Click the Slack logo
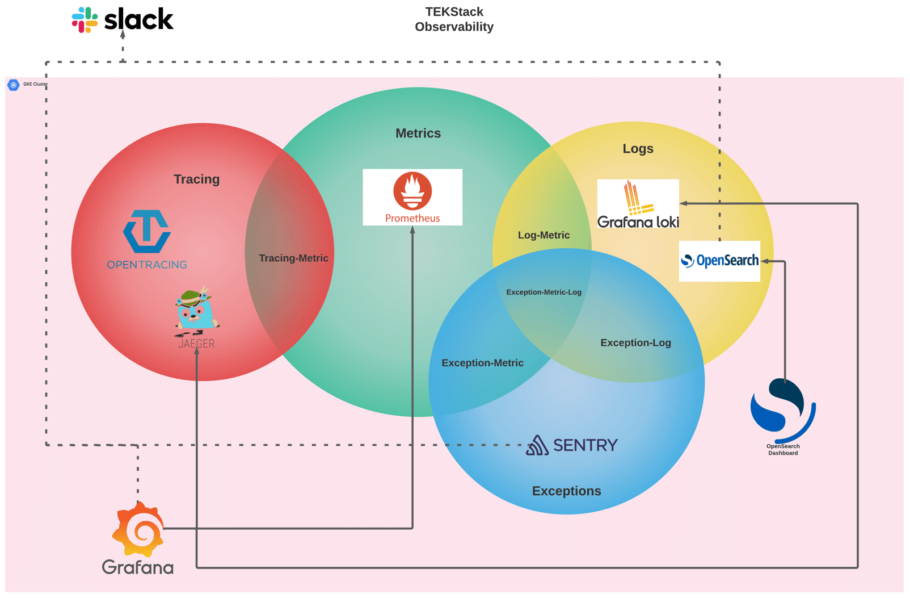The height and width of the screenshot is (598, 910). (122, 20)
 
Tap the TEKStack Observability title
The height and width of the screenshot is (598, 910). (454, 19)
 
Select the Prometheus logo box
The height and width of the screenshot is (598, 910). (412, 197)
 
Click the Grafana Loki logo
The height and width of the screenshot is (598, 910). (638, 205)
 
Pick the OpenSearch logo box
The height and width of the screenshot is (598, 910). (719, 261)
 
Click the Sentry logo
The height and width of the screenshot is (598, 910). (571, 445)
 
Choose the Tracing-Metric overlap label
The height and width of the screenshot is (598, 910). (293, 258)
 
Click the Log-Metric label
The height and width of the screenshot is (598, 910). (544, 235)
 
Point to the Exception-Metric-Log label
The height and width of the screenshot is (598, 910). (544, 292)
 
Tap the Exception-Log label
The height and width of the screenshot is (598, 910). (635, 343)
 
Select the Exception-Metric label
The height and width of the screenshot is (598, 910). (482, 363)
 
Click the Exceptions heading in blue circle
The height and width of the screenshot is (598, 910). (566, 491)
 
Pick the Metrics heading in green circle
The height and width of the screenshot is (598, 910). (418, 133)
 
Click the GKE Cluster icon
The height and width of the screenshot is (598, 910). (14, 85)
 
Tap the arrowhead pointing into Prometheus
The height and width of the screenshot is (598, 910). (412, 229)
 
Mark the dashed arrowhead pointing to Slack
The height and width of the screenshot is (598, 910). (123, 34)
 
